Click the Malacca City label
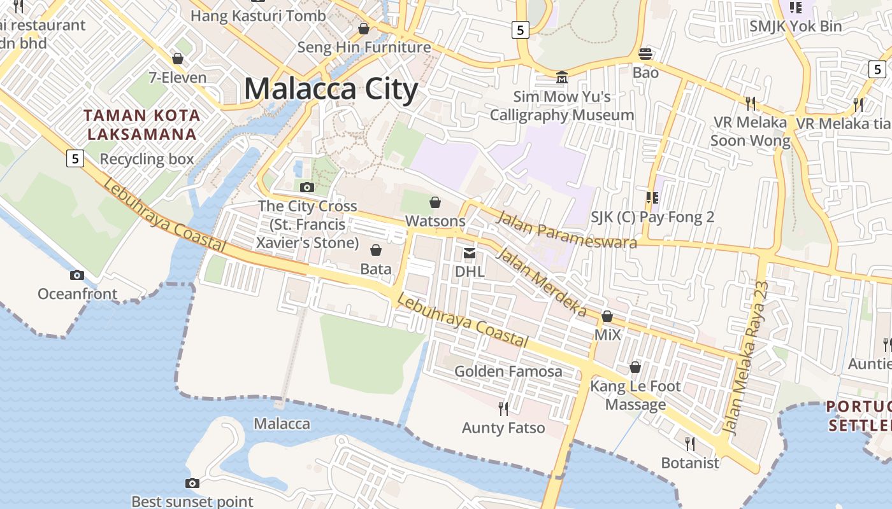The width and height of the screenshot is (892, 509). tap(331, 88)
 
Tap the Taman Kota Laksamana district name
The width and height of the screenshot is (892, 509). tap(142, 125)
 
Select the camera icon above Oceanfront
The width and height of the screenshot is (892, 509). tap(77, 275)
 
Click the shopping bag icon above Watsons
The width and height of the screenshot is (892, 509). tap(435, 203)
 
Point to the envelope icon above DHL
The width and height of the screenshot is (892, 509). tap(470, 254)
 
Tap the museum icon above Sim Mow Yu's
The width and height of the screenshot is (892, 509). tap(562, 78)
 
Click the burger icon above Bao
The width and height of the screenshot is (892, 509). tap(645, 54)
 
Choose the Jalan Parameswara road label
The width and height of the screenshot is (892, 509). tap(566, 230)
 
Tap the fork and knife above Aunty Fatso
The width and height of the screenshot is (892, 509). tap(503, 408)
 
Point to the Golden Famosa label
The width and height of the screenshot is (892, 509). tap(508, 371)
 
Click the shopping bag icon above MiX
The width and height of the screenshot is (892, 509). tap(607, 316)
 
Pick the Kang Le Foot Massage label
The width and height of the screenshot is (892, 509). tap(635, 395)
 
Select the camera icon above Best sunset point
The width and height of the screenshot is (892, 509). tap(192, 484)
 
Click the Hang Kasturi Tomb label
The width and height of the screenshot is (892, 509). tap(258, 16)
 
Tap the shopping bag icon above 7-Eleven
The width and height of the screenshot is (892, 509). tap(178, 59)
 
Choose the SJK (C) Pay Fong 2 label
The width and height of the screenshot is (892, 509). tap(652, 217)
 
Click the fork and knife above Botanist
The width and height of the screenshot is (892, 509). tap(690, 443)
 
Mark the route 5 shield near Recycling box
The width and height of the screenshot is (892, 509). tap(75, 158)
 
